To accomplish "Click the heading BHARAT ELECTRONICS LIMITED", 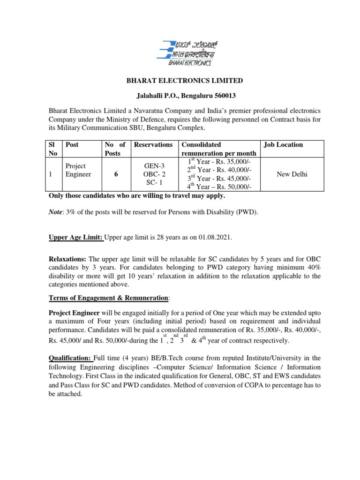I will (x=185, y=81).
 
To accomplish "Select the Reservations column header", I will (x=153, y=145).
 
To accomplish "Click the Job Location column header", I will (x=283, y=145).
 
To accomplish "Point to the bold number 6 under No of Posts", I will (x=115, y=174).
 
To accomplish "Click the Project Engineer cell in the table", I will (x=75, y=170).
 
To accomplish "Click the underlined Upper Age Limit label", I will (x=75, y=238).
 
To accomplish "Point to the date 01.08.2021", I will (x=214, y=238).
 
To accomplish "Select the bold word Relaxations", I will (x=67, y=259).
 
